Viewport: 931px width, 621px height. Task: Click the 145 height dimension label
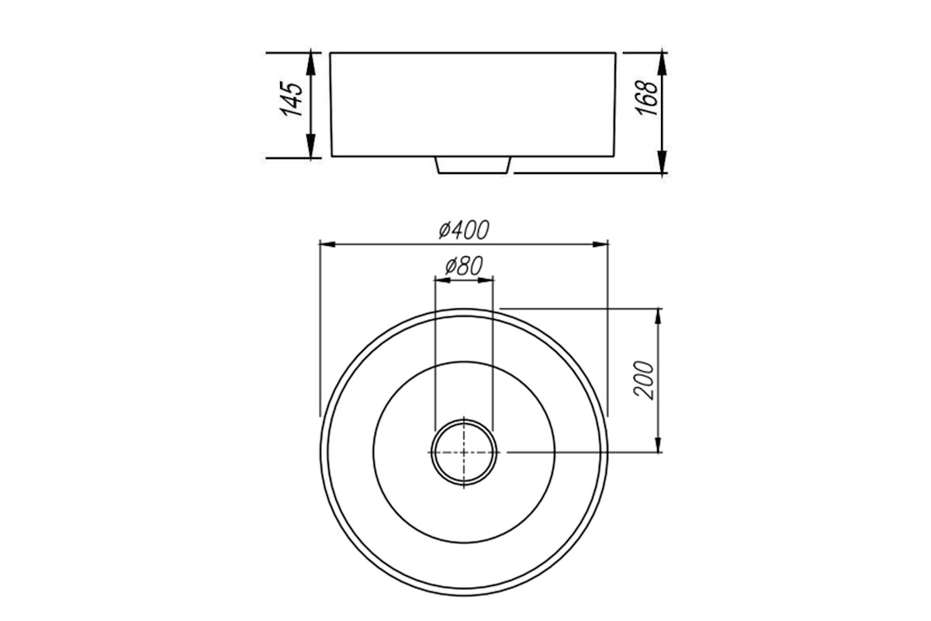pyautogui.click(x=292, y=99)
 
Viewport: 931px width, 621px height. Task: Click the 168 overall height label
pyautogui.click(x=647, y=98)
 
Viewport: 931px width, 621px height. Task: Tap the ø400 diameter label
pyautogui.click(x=464, y=230)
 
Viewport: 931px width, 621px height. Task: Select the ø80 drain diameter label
pyautogui.click(x=463, y=265)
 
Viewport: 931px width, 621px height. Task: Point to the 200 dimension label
pyautogui.click(x=643, y=380)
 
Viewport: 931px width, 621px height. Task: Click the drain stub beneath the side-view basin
pyautogui.click(x=472, y=165)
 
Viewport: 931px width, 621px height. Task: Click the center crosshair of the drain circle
pyautogui.click(x=464, y=452)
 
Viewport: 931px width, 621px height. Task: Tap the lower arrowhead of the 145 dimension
pyautogui.click(x=310, y=147)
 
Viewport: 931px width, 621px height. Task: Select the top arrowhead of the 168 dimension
pyautogui.click(x=662, y=64)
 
